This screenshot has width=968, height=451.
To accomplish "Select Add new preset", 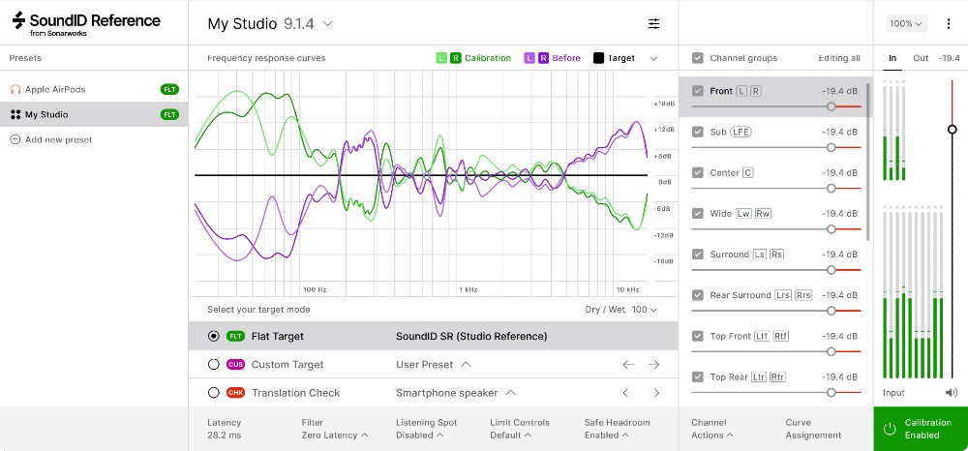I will (58, 139).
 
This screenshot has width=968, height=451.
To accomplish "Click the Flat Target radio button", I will (214, 336).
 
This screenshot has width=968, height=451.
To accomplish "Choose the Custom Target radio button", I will (214, 365).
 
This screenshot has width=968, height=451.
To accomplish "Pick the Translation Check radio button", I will (214, 393).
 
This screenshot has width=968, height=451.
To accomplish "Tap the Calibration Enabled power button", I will (890, 429).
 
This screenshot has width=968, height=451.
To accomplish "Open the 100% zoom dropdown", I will (907, 23).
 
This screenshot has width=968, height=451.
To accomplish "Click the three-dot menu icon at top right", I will (948, 23).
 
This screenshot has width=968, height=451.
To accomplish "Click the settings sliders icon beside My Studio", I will (654, 23).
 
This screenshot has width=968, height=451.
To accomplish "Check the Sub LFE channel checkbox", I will (697, 132).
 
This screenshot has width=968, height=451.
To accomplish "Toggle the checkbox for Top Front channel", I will (697, 336).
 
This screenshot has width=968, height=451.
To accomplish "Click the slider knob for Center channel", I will (831, 188).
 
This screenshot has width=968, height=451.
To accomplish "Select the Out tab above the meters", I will (921, 58).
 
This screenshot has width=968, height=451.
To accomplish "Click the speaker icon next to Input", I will (952, 393).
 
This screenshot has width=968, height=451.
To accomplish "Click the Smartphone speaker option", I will (455, 393).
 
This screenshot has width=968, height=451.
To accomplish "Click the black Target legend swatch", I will (598, 58).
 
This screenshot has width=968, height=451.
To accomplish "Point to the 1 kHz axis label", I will (469, 289).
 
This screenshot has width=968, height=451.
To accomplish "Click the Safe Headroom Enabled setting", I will (617, 429).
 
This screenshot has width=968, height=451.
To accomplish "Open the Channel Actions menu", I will (712, 429).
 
